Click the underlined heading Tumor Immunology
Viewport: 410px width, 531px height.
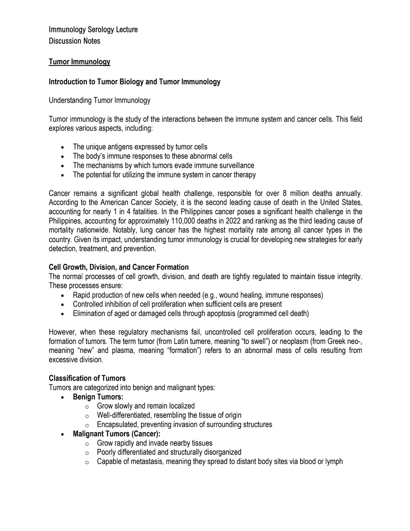pos(79,62)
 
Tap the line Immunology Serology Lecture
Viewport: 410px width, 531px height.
pos(93,30)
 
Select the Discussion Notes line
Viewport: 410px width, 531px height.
pos(74,41)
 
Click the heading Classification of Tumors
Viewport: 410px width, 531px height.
pos(87,378)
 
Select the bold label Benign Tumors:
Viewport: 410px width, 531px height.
pos(98,397)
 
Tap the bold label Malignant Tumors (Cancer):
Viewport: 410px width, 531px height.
pos(117,434)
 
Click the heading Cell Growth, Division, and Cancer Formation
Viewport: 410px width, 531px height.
pos(119,267)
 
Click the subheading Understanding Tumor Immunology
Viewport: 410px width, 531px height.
pos(99,101)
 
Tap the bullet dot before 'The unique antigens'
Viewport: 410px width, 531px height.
pos(62,148)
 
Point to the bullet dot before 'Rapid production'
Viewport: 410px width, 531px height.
pos(62,296)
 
